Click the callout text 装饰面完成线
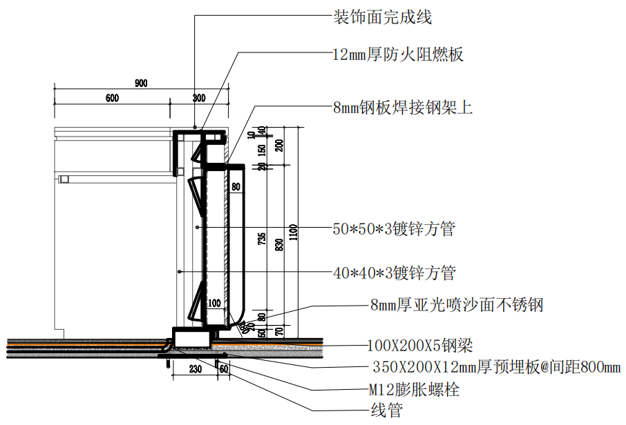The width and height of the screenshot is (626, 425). coord(382,17)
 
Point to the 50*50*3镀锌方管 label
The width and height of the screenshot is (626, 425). coord(394,229)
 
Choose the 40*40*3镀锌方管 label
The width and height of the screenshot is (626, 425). coord(394,273)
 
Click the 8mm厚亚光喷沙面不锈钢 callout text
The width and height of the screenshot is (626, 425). coord(457,304)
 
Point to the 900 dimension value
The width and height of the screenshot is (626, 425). coord(141,84)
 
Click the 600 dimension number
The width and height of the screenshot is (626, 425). coord(112,98)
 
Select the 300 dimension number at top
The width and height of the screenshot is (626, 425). coord(199,98)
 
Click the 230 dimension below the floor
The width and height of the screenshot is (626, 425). coord(195,370)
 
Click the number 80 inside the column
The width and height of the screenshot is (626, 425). coord(236,186)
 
